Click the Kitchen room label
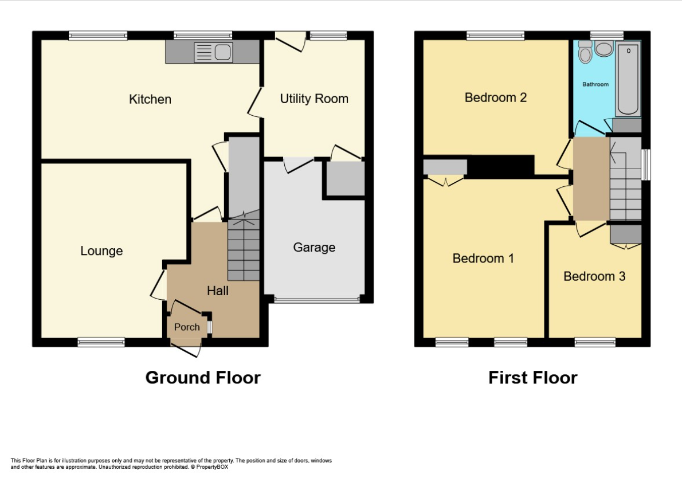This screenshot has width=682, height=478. (150, 99)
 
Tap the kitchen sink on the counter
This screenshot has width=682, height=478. (213, 53)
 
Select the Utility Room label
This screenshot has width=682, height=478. (314, 99)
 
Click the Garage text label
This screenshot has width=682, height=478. (314, 248)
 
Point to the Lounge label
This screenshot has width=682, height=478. (101, 251)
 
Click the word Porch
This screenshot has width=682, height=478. (187, 327)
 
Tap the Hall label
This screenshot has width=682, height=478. (218, 291)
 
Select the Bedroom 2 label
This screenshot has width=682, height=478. (496, 97)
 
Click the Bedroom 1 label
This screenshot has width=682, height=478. (483, 258)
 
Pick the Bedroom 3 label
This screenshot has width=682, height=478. (594, 276)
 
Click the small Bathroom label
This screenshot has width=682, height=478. (595, 84)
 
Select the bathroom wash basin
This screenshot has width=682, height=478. (603, 49)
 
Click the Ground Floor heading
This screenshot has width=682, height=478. (203, 378)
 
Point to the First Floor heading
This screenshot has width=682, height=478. (532, 378)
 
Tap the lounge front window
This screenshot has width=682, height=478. (101, 342)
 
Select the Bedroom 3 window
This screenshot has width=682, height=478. (595, 342)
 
